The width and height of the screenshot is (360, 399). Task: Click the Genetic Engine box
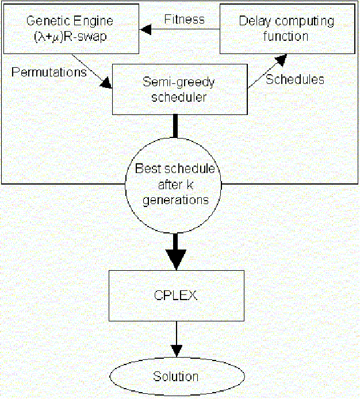tap(70, 28)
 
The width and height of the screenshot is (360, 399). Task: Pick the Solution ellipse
tap(175, 377)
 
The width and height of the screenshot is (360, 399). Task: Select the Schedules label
tap(294, 79)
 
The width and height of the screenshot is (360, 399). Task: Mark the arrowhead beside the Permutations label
tap(106, 83)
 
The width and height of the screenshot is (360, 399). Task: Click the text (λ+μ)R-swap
tap(70, 36)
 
